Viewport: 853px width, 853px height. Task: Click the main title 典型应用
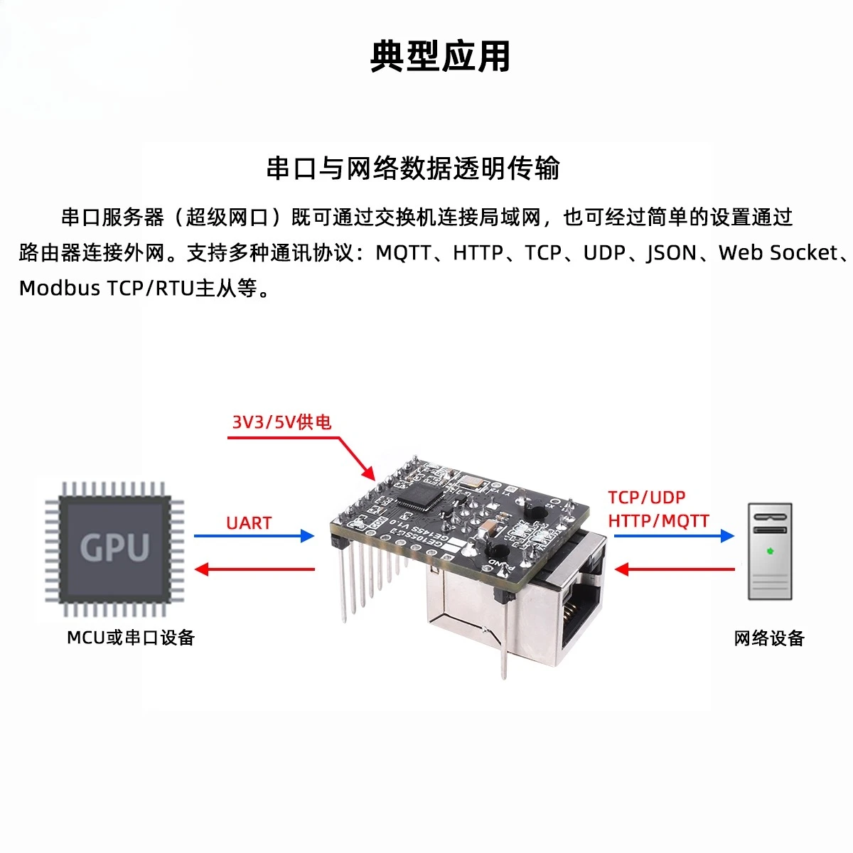[440, 57]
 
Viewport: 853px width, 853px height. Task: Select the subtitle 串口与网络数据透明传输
[412, 169]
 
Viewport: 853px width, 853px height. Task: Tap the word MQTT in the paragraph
[402, 253]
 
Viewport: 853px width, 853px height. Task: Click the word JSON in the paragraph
[671, 253]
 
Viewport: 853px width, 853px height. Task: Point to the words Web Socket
[778, 253]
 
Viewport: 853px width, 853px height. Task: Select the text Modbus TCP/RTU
[107, 289]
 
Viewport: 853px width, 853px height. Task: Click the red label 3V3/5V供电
[281, 422]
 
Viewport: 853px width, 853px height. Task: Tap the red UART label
[249, 523]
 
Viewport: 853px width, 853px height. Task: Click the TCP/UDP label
[646, 498]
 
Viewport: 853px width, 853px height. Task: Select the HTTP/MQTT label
[658, 521]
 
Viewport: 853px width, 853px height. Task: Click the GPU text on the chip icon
[114, 547]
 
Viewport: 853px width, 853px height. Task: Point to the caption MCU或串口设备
[131, 638]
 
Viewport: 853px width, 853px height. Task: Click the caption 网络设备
[769, 638]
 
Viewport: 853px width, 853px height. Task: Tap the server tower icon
[770, 551]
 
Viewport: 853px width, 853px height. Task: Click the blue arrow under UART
[254, 536]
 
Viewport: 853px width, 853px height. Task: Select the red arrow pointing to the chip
[254, 569]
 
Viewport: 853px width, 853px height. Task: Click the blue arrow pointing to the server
[673, 536]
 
